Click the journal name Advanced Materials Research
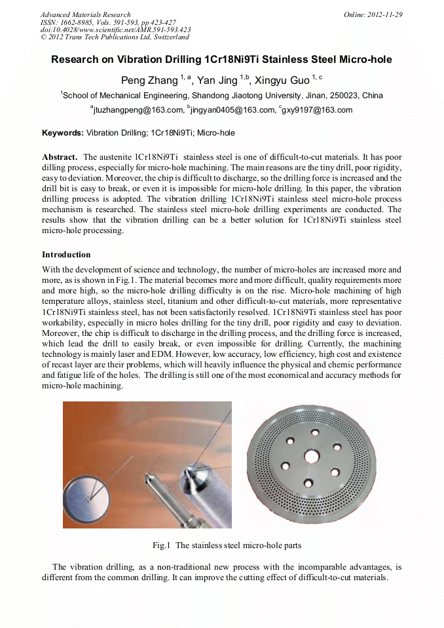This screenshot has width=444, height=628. tap(85, 14)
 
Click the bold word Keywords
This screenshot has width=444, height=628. tap(62, 133)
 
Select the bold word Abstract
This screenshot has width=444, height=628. tap(60, 157)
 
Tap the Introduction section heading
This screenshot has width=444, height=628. tap(66, 255)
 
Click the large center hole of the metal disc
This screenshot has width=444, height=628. tap(311, 456)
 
